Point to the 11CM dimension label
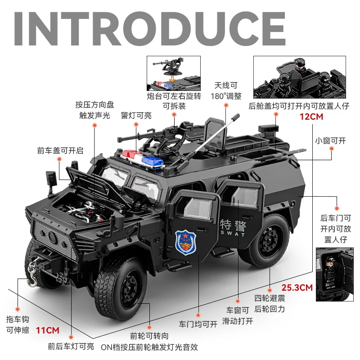click(x=48, y=330)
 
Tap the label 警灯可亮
click(x=136, y=116)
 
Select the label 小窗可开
click(x=330, y=140)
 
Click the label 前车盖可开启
click(x=60, y=151)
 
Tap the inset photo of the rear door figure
click(x=332, y=274)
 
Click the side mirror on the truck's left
click(x=50, y=178)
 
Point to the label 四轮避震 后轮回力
click(x=270, y=304)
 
